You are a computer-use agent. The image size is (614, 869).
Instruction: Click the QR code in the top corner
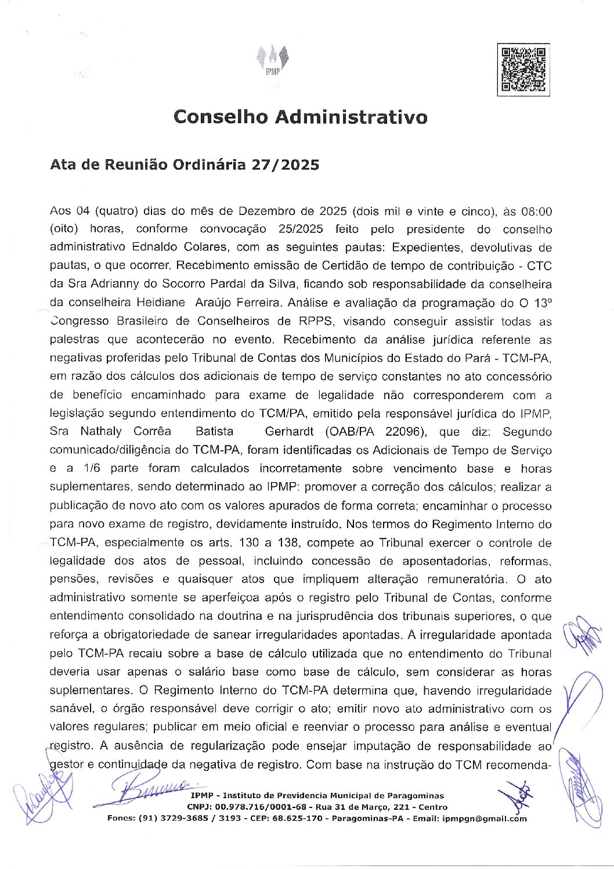pos(523,70)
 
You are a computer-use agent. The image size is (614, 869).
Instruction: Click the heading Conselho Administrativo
pos(301,117)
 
